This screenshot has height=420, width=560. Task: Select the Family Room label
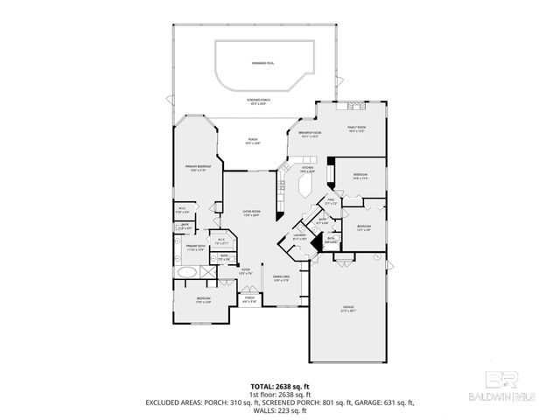point(355,128)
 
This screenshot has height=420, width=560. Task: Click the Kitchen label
point(306,169)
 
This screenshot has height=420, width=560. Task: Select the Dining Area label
point(281,279)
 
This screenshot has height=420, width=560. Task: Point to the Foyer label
point(246,271)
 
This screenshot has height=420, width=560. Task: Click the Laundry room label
point(297,236)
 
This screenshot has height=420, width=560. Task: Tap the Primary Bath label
point(193,248)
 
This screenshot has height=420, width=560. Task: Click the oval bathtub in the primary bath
point(185,273)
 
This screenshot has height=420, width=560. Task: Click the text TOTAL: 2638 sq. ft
point(279,385)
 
